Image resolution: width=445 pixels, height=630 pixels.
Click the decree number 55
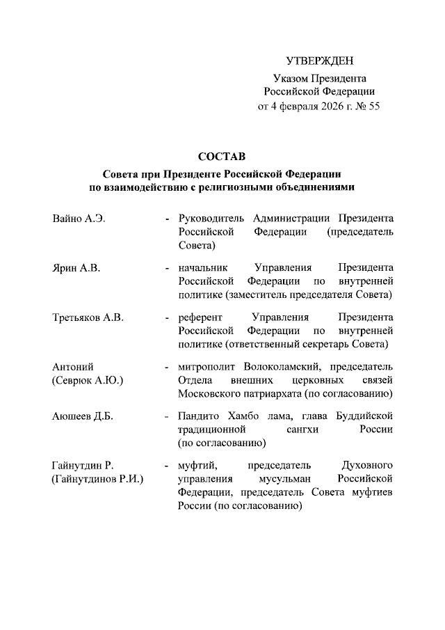tap(373, 107)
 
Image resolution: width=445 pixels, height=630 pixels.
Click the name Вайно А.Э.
tap(79, 219)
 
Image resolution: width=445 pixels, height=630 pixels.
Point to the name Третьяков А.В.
tap(88, 318)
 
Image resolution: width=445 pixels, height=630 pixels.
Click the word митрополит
tap(207, 367)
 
